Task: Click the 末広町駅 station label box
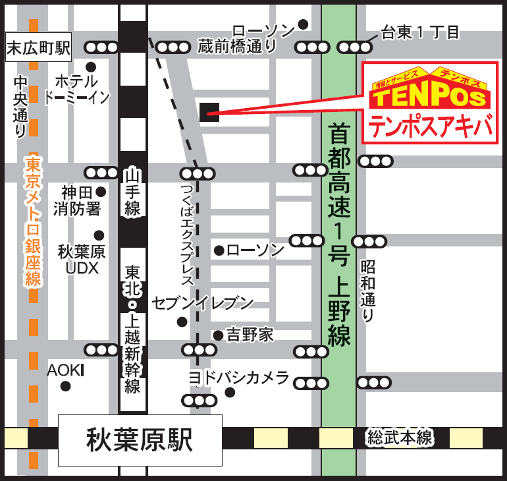coord(38,48)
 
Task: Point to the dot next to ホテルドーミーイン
coord(91,67)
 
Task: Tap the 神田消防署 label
coord(80,201)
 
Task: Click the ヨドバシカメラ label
coord(238,378)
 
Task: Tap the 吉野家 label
coord(250,335)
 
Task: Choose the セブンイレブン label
coord(203,303)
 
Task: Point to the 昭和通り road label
coord(367,290)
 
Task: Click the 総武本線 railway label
coord(400,438)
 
